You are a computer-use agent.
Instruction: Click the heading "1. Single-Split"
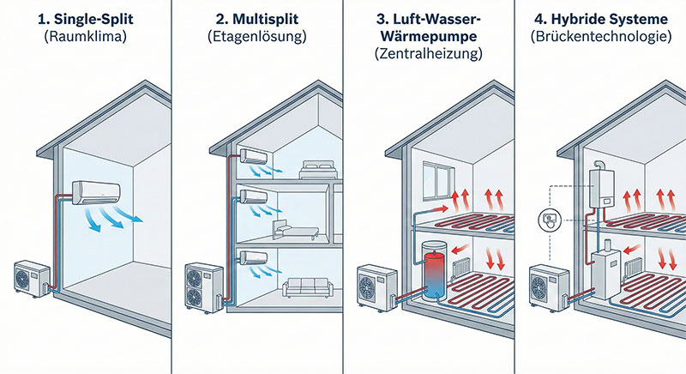(86, 19)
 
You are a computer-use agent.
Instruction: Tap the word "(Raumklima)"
(86, 36)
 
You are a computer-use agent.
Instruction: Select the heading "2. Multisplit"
(257, 19)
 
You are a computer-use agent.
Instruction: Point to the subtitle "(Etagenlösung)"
(257, 36)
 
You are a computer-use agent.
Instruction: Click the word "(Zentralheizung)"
(429, 53)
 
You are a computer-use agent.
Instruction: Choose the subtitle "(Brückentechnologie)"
(601, 36)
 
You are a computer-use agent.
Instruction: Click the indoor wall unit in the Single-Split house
(96, 192)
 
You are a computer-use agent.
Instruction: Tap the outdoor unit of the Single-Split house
(33, 279)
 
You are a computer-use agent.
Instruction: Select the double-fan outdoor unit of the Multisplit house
(204, 287)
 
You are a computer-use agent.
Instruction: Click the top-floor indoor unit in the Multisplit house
(254, 156)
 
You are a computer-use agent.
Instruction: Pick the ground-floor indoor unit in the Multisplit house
(254, 257)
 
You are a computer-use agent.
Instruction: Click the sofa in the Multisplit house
(308, 287)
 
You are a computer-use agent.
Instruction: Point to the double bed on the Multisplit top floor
(317, 170)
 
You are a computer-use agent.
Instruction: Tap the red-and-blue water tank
(433, 270)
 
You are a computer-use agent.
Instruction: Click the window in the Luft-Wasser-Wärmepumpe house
(436, 179)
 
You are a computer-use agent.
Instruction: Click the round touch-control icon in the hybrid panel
(549, 220)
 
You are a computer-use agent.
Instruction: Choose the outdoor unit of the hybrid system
(550, 287)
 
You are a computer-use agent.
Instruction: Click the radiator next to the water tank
(462, 268)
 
